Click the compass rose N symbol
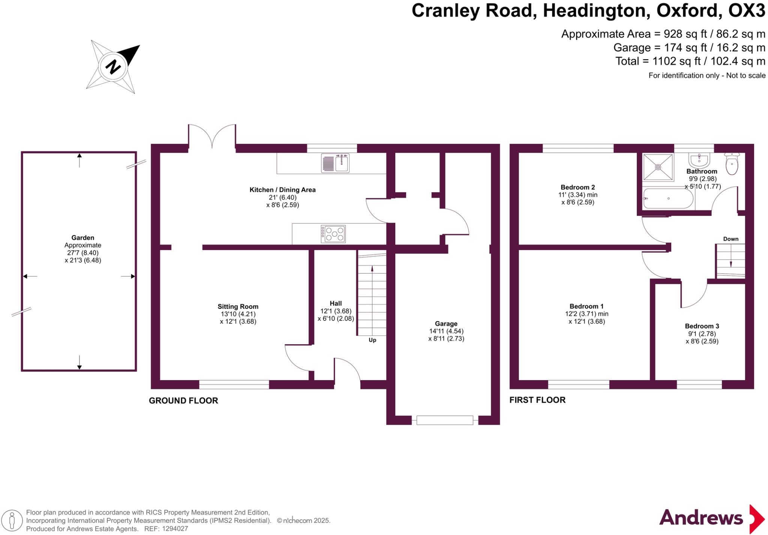tap(113, 66)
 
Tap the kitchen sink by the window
tap(335, 163)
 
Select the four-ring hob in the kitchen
tap(333, 234)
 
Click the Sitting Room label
tap(238, 307)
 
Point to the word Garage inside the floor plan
tap(446, 324)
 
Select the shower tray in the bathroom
tap(658, 167)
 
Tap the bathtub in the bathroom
tap(668, 199)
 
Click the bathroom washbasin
tap(700, 160)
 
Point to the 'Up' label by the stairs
tap(372, 340)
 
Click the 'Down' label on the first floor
tap(730, 239)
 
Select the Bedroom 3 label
tap(702, 326)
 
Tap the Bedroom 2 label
tap(577, 187)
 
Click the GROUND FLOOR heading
tap(183, 400)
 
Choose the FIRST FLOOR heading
tap(537, 400)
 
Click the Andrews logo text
tap(701, 518)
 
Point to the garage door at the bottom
tap(445, 420)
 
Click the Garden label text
tap(82, 238)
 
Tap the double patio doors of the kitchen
tap(212, 137)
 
